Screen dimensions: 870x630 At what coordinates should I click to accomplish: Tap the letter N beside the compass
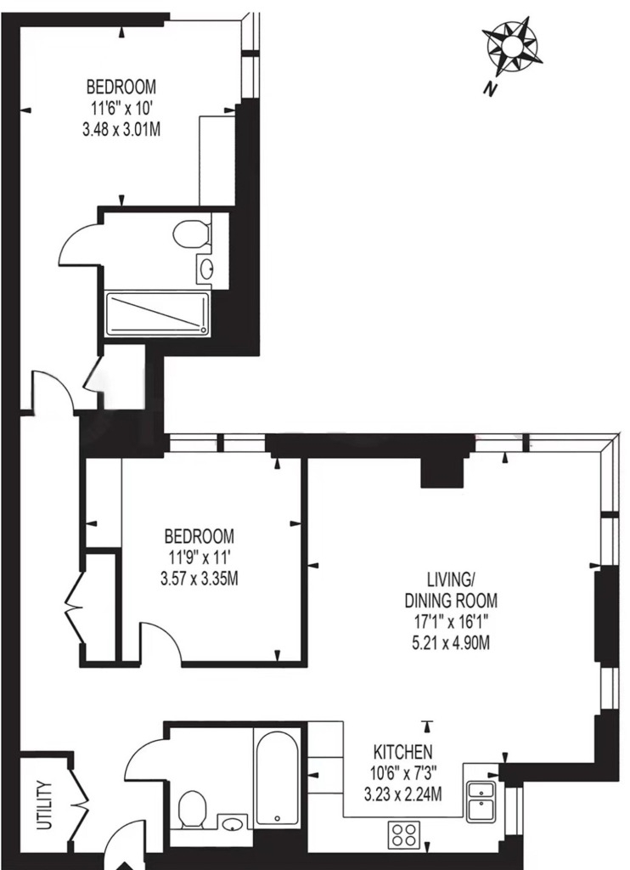[487, 88]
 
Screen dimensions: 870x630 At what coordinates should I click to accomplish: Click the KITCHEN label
[404, 752]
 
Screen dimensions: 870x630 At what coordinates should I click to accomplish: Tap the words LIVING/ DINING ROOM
[450, 589]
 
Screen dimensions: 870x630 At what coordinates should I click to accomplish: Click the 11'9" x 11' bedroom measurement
[199, 557]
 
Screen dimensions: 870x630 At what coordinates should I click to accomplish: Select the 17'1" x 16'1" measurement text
[450, 621]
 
